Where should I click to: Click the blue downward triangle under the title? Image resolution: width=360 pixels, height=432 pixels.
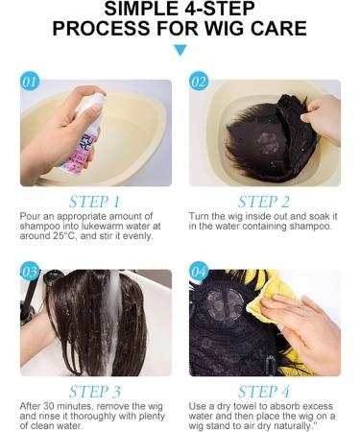(x=180, y=50)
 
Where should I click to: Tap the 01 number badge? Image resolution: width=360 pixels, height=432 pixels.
(x=30, y=82)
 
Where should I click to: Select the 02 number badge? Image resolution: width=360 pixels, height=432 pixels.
(x=199, y=82)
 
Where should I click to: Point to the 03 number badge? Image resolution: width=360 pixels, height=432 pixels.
(x=30, y=272)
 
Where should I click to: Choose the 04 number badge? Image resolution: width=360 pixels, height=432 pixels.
(x=199, y=272)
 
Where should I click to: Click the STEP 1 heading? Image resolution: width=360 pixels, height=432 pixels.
(x=95, y=202)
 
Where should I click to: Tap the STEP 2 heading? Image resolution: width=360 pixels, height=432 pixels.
(x=264, y=202)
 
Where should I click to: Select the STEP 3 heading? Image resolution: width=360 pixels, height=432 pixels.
(x=95, y=392)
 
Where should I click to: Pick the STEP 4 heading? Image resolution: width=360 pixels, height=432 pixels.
(x=264, y=392)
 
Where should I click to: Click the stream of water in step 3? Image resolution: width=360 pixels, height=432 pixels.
(x=113, y=320)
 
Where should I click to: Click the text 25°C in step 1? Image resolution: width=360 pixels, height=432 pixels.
(x=64, y=236)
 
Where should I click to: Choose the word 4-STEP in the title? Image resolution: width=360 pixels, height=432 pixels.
(x=219, y=9)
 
